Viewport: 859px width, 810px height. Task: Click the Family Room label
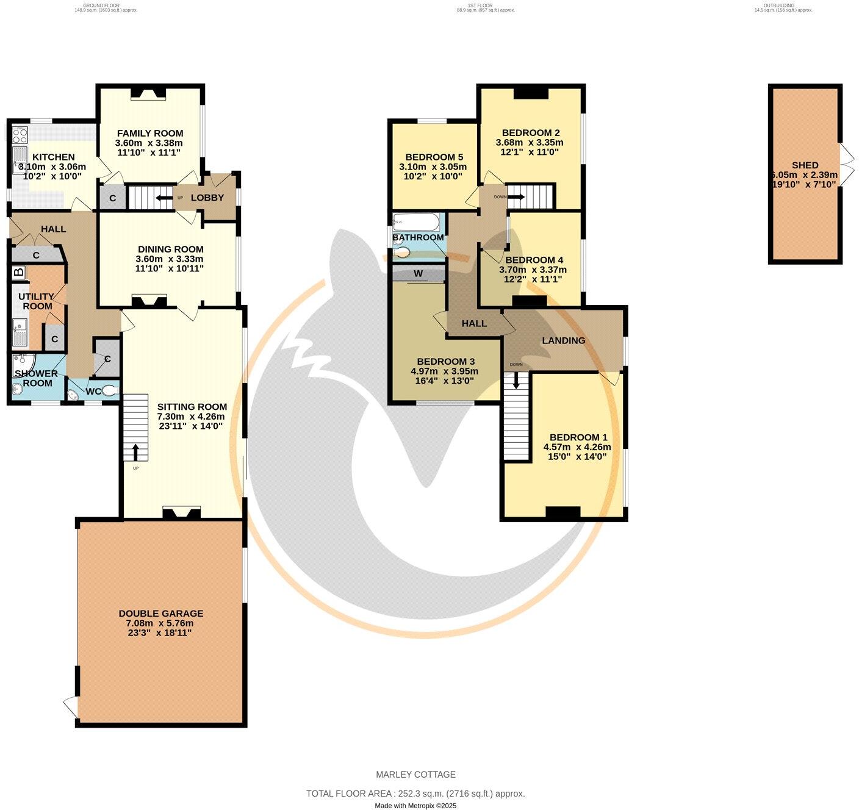[x=150, y=133]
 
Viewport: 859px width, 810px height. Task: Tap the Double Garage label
[x=160, y=614]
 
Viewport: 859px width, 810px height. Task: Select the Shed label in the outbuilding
[x=805, y=165]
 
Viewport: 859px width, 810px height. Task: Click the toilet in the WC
[x=110, y=390]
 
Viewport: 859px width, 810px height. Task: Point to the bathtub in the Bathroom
[x=415, y=220]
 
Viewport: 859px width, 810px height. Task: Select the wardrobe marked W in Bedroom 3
[x=418, y=273]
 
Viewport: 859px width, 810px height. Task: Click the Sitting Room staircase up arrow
[x=135, y=452]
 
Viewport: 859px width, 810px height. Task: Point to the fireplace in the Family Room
[x=149, y=93]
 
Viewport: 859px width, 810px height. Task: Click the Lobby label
[x=207, y=198]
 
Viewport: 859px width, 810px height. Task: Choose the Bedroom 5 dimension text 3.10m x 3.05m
[x=433, y=167]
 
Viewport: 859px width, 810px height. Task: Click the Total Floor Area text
[x=415, y=794]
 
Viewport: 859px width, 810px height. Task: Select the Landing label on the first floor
[x=563, y=340]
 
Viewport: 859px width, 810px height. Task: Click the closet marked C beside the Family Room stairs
[x=113, y=198]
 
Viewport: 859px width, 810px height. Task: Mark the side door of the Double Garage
[x=71, y=707]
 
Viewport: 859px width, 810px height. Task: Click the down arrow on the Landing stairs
[x=516, y=381]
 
